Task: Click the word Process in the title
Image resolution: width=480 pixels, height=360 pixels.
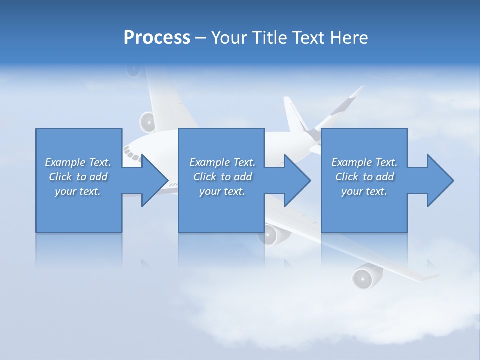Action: [x=157, y=38]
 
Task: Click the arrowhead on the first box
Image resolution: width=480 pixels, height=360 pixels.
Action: [x=152, y=180]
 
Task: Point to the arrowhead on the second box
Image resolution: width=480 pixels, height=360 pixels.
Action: [x=295, y=180]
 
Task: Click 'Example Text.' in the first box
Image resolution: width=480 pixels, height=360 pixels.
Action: [x=78, y=162]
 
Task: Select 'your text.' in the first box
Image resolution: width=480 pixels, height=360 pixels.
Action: [x=78, y=191]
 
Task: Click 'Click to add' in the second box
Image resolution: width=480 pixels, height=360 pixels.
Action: [x=222, y=177]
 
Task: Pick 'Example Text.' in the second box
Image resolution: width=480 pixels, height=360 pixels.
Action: [x=222, y=162]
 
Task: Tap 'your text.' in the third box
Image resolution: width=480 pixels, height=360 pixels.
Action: [x=364, y=191]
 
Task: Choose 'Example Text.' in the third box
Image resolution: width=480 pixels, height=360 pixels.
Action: [x=364, y=162]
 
